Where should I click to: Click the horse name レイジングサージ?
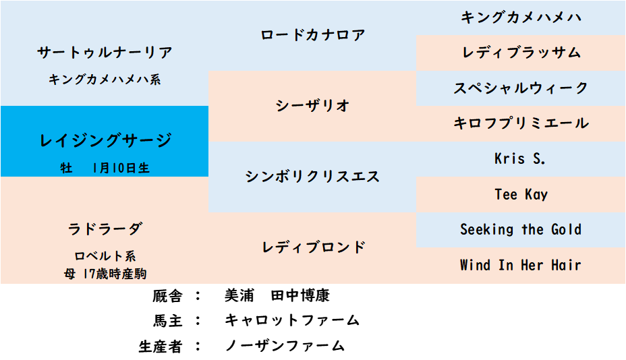coord(105,140)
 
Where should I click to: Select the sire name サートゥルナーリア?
coord(105,53)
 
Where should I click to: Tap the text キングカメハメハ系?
coord(105,80)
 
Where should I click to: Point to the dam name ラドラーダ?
coord(105,229)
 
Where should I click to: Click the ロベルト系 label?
coord(105,256)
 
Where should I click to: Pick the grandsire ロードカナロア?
coord(312,35)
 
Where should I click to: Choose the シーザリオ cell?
coord(312,106)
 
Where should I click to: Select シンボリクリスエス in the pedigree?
coord(312,177)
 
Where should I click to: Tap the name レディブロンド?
coord(314,247)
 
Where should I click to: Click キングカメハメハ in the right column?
coord(521,17)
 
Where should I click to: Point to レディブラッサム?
coord(521,53)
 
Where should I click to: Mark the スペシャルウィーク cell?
coord(521,88)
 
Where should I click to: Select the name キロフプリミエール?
coord(521,123)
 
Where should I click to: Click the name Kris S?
coord(520,158)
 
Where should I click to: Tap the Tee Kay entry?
coord(521,194)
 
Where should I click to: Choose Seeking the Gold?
coord(521,229)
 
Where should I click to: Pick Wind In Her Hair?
coord(520,265)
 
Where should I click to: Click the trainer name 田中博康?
coord(300,296)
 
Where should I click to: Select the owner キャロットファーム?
coord(292,320)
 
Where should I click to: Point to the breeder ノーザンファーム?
coord(285,346)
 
